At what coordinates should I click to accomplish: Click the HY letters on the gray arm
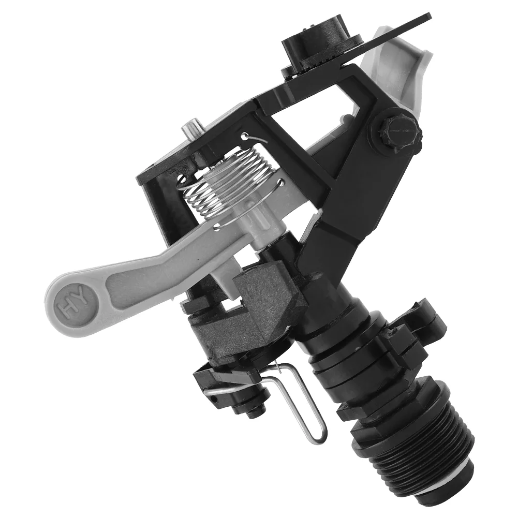(72, 304)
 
